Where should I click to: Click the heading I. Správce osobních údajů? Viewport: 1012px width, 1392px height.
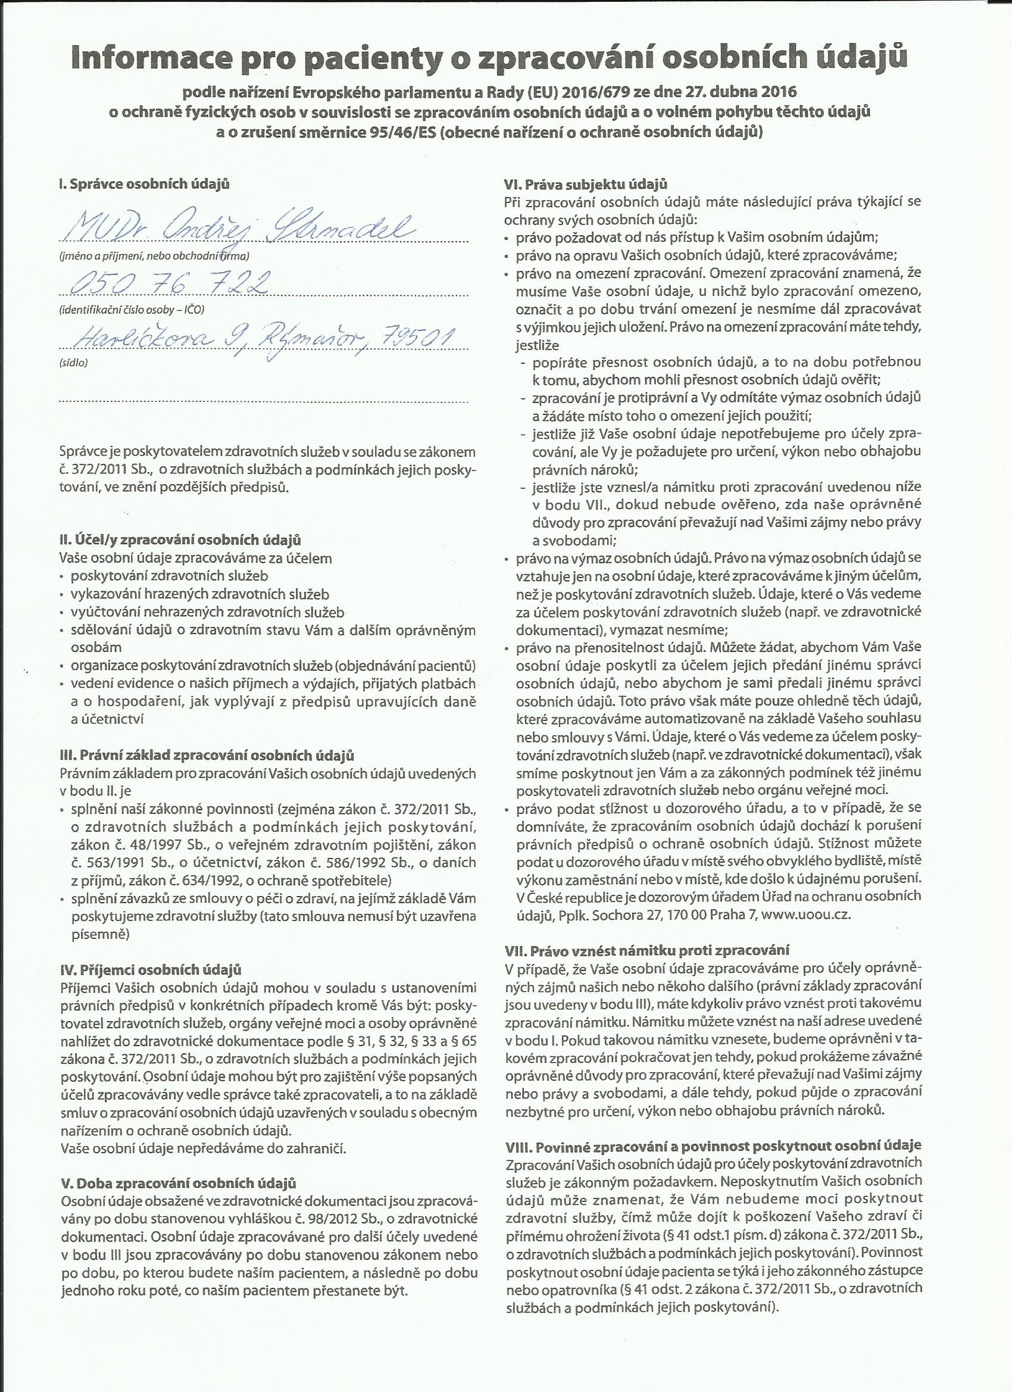click(144, 184)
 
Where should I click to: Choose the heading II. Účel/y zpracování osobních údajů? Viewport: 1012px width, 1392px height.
click(180, 541)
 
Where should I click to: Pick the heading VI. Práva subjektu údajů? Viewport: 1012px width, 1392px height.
click(585, 184)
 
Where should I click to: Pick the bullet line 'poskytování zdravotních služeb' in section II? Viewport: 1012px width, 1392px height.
click(170, 576)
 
